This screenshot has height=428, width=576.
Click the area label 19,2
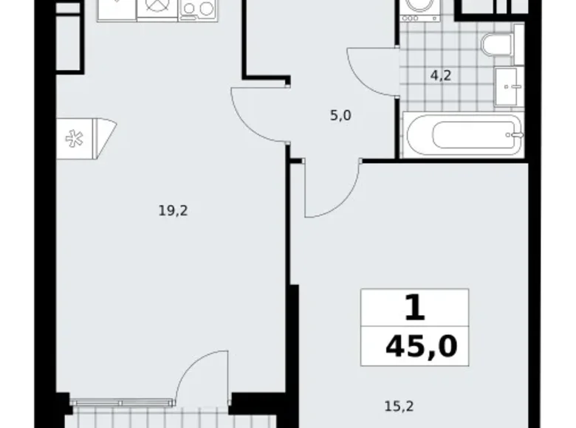coord(174,211)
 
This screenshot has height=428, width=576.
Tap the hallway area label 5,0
coord(340,115)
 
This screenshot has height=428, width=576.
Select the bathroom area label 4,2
coord(441,74)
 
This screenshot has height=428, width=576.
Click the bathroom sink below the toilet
coord(509,86)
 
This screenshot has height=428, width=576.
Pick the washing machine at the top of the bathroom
coord(415,11)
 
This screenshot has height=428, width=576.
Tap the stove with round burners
coord(196,9)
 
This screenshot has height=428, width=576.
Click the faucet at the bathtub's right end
coord(518,135)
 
